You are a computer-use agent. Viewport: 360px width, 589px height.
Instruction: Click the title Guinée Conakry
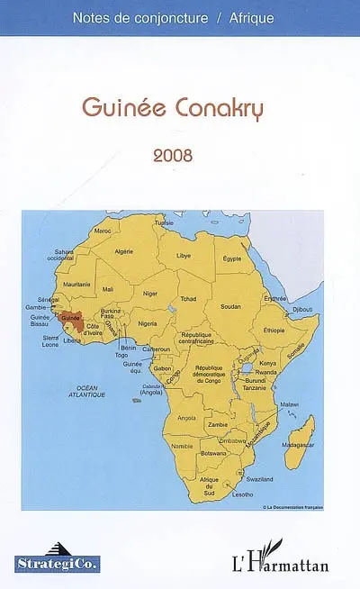(178, 108)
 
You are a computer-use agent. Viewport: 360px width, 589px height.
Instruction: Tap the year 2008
(173, 154)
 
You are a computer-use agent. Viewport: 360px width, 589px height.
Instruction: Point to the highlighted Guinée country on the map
(69, 318)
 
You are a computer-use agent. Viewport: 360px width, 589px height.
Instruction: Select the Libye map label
(183, 255)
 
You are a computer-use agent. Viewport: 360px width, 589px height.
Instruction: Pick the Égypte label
(232, 258)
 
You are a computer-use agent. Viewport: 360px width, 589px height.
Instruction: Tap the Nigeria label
(148, 322)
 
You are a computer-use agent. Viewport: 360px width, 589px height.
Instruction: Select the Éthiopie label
(274, 330)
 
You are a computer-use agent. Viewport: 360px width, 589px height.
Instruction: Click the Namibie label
(182, 446)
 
